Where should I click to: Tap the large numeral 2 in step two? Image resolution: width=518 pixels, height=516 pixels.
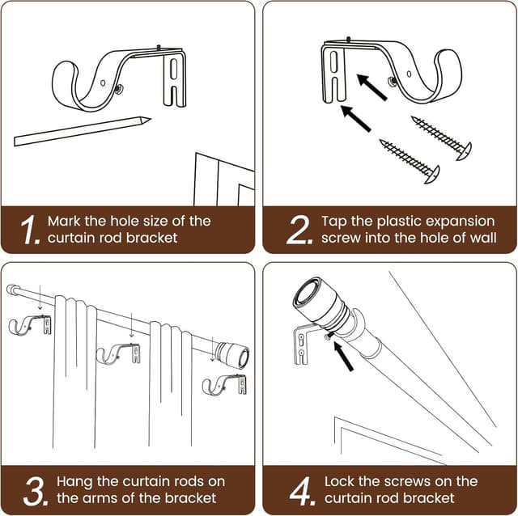click(298, 230)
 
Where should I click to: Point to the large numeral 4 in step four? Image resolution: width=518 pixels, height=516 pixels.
click(300, 491)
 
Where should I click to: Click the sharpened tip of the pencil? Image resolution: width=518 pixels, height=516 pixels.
click(151, 119)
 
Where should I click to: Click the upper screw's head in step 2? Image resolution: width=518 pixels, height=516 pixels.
click(464, 151)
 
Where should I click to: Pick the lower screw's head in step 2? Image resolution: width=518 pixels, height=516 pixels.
click(432, 174)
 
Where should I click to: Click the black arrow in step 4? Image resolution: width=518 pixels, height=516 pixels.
click(343, 356)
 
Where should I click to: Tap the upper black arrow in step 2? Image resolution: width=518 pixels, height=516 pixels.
click(372, 87)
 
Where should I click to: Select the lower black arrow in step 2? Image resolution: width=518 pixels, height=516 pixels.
click(356, 119)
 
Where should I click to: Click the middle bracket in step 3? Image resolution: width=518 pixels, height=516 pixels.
click(118, 354)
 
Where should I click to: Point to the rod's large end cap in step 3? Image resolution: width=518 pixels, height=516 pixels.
click(232, 356)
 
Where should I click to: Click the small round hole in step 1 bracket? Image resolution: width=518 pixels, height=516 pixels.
click(103, 82)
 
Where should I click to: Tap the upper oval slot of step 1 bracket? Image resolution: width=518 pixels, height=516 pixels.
click(174, 70)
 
